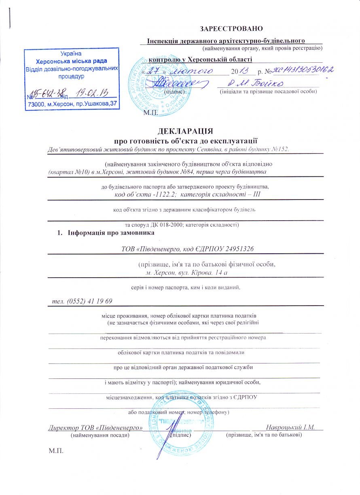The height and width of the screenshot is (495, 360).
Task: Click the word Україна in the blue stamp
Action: coord(71,54)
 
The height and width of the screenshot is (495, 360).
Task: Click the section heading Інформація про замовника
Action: coord(111,233)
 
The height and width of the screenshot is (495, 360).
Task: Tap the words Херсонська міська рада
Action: coord(71,62)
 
